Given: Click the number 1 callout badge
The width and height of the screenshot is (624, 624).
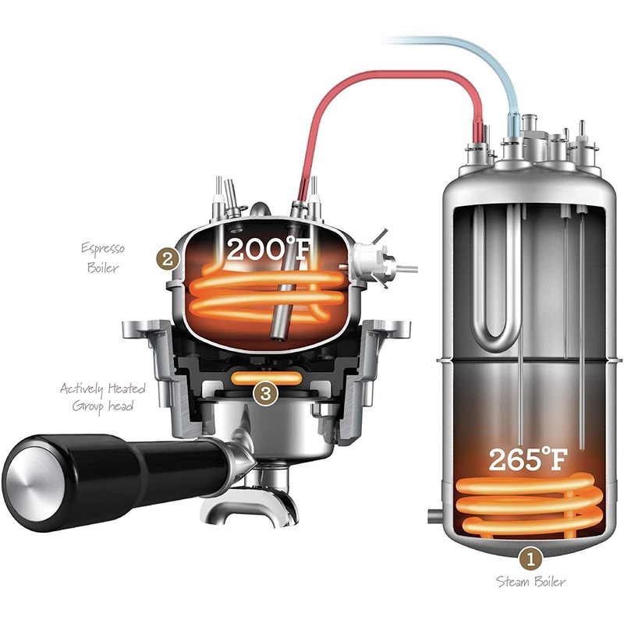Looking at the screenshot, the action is [x=530, y=559].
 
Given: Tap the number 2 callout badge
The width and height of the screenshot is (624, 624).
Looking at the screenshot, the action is [x=168, y=260].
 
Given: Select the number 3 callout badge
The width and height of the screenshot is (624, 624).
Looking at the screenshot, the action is [x=265, y=394].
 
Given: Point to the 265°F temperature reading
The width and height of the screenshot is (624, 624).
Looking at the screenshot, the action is [x=528, y=459].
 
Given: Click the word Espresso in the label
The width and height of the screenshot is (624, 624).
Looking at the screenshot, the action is [x=103, y=249].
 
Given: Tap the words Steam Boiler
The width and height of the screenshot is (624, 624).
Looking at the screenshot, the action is [x=531, y=582].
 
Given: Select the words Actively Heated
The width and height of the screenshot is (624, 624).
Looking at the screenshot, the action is [x=103, y=388].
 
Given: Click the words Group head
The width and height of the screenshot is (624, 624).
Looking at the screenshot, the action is [x=103, y=406].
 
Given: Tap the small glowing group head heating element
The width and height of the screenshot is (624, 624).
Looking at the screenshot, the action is [x=267, y=378].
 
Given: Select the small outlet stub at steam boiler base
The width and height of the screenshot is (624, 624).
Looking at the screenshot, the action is [x=434, y=516].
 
